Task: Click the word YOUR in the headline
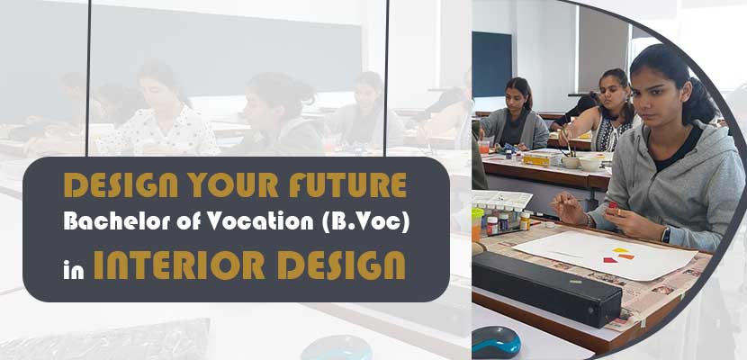(233, 184)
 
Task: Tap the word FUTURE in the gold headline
(347, 184)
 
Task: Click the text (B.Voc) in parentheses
(366, 223)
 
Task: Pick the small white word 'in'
(74, 267)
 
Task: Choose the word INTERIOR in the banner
(181, 265)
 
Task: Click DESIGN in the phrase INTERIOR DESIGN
(342, 265)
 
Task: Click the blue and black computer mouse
(496, 342)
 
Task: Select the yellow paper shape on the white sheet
(620, 250)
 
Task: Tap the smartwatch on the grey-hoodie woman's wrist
(666, 234)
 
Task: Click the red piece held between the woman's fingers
(612, 206)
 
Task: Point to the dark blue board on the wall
(492, 64)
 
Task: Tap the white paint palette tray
(500, 200)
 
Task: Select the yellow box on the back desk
(542, 158)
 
